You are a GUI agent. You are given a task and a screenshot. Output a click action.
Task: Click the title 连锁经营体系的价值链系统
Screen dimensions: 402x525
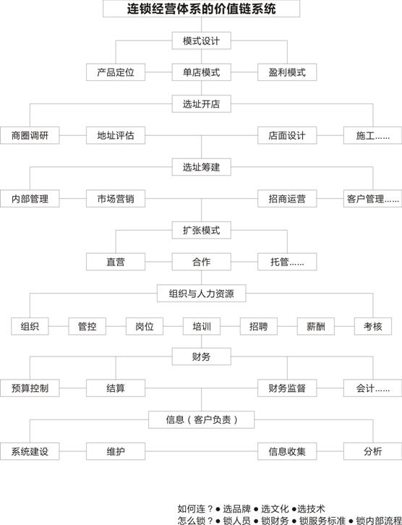[x=201, y=9]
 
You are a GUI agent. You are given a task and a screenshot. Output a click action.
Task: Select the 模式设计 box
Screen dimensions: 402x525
[x=201, y=40]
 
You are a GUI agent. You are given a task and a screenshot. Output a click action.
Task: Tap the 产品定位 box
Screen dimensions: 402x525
[x=116, y=72]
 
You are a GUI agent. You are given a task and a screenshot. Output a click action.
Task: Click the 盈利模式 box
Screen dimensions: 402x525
[x=287, y=72]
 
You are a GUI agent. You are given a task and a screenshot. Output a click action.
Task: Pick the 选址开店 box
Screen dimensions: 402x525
[x=201, y=104]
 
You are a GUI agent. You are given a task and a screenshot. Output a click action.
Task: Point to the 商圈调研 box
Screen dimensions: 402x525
[x=30, y=135]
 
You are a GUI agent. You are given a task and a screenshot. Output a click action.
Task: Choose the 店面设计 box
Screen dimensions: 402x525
[x=287, y=135]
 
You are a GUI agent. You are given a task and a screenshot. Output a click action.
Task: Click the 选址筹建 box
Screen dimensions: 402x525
[x=201, y=167]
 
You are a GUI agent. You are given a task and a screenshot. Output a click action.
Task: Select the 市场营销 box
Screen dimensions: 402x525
[x=116, y=199]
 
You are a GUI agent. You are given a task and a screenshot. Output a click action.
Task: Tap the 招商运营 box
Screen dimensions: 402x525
[x=287, y=199]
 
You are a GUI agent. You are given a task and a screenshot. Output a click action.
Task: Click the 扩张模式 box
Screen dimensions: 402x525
[x=201, y=230]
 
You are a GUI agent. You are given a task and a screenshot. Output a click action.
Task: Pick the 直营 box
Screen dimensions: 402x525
[x=116, y=262]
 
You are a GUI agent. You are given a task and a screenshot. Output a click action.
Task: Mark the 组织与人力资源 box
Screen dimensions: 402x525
[x=201, y=294]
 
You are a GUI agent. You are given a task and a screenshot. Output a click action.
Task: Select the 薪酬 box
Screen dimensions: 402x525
[x=316, y=326]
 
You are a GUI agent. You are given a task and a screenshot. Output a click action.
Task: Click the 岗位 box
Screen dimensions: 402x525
[x=145, y=326]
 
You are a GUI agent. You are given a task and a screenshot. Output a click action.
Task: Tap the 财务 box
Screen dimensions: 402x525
[x=201, y=357]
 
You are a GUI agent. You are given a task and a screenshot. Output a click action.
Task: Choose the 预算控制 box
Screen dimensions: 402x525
[x=30, y=388]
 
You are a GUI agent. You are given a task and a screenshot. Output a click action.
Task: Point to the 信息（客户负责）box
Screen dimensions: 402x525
[x=201, y=419]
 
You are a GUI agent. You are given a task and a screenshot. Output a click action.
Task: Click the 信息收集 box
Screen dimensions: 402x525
[x=287, y=451]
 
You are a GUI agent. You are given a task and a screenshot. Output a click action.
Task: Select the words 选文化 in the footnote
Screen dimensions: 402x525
[x=275, y=509]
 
